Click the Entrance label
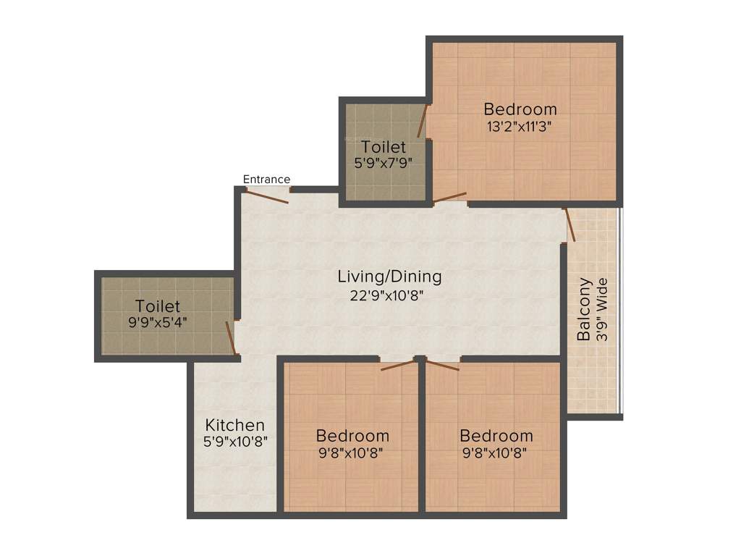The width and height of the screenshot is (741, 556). tap(266, 180)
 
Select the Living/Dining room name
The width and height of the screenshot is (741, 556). tap(389, 277)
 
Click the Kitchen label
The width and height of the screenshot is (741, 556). tap(234, 425)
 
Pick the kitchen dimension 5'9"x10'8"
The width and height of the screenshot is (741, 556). tap(234, 442)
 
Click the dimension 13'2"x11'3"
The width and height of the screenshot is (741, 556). tap(520, 125)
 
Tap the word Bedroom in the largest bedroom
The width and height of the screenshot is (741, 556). tap(520, 109)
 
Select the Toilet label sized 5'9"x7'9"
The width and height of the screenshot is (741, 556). tap(384, 147)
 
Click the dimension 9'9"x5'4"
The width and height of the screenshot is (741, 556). tap(157, 322)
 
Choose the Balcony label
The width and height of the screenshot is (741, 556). tap(584, 310)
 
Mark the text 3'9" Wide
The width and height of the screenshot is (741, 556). tap(601, 310)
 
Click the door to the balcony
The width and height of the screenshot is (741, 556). tap(570, 224)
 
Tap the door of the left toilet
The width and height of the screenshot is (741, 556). tap(231, 338)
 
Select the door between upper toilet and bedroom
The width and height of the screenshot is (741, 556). tap(421, 121)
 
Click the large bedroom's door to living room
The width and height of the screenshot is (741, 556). tap(449, 197)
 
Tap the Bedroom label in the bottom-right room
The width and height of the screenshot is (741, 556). tap(496, 436)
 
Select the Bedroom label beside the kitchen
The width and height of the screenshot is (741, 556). tap(352, 436)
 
